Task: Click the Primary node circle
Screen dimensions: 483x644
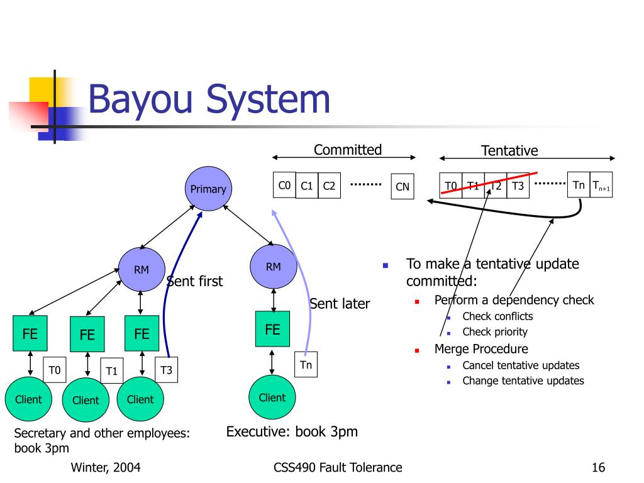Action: pos(208,188)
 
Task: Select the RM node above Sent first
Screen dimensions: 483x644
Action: pos(142,270)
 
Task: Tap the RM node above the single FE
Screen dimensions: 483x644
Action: pos(273,267)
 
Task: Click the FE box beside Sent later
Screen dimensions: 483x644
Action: pos(272,329)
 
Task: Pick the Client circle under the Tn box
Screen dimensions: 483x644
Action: pos(272,397)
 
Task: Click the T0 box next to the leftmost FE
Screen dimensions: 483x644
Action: pos(55,370)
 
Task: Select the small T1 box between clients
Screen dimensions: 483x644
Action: pos(112,371)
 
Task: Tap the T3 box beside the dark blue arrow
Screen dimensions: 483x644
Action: pos(166,370)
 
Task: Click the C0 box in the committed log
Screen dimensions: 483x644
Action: pos(284,185)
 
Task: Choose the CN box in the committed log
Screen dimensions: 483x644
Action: pos(402,186)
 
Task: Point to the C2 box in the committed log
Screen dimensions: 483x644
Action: pos(329,186)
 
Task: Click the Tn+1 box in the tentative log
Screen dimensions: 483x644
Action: pos(601,185)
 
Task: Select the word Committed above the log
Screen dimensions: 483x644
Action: pos(348,150)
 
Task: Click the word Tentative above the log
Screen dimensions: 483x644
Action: pos(509,151)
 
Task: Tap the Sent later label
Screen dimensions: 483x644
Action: pos(340,304)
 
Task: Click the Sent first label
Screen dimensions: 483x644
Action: pos(195,281)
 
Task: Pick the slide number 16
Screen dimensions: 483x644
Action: pos(598,467)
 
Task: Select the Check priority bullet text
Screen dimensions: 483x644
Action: pos(495,332)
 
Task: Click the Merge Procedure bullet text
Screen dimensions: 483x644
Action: pos(481,349)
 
